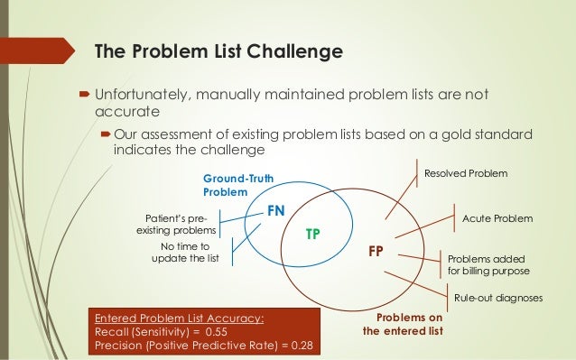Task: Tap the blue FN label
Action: click(x=276, y=210)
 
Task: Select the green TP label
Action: click(x=313, y=233)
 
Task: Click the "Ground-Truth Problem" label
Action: click(x=231, y=185)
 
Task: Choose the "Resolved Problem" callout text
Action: click(x=465, y=172)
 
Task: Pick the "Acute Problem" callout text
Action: click(x=497, y=219)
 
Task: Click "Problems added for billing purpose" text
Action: click(x=488, y=264)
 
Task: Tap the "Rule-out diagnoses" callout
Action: click(x=498, y=300)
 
